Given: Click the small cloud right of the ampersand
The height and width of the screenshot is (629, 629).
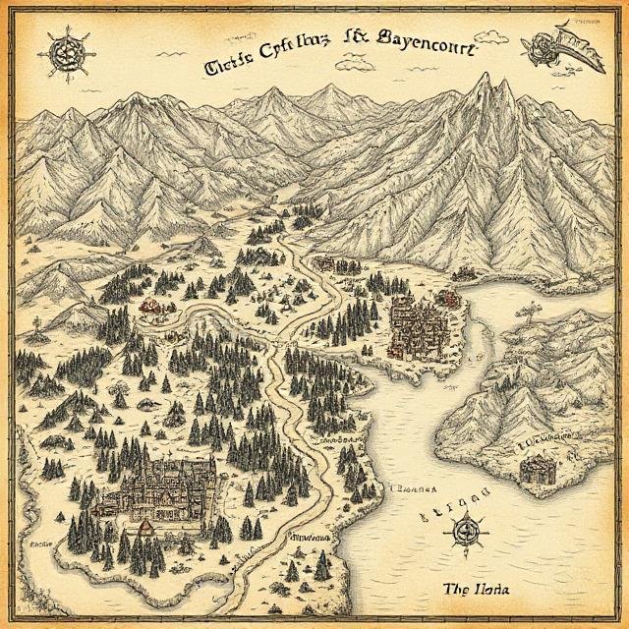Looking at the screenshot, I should point(349,65).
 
